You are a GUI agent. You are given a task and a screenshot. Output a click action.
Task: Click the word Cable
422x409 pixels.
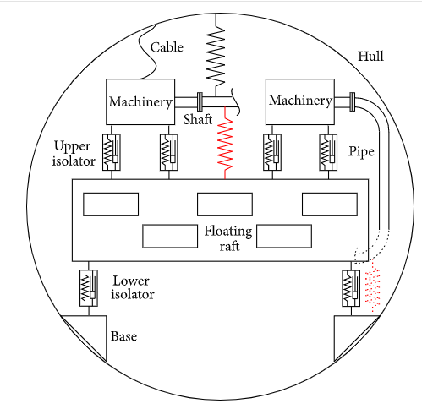[x=167, y=47]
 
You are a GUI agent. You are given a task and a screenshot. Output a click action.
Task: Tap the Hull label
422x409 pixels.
[x=370, y=56]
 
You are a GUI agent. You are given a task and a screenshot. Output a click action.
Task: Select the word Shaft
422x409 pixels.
[x=198, y=119]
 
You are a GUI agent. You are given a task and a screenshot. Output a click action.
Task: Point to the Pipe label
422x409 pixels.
[x=362, y=152]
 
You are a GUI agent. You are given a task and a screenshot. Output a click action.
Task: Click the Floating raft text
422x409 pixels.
[x=228, y=238]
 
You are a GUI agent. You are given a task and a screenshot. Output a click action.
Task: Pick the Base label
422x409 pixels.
[x=123, y=336]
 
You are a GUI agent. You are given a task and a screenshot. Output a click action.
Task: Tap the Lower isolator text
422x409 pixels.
[x=133, y=287]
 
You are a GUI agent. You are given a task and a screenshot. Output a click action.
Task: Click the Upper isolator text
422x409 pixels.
[x=74, y=154]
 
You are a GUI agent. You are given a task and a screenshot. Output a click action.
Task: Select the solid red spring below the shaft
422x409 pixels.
[x=225, y=143]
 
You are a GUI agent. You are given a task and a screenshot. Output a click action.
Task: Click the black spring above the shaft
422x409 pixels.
[x=216, y=56]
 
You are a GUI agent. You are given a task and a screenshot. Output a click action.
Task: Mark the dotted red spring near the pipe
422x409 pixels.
[x=373, y=286]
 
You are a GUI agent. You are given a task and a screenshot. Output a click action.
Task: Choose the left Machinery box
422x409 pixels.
[x=140, y=101]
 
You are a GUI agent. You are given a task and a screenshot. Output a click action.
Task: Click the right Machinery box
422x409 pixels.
[x=300, y=101]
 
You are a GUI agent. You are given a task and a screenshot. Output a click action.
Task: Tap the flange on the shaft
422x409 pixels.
[x=200, y=101]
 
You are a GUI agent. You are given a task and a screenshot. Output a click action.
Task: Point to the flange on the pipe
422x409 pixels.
[x=353, y=101]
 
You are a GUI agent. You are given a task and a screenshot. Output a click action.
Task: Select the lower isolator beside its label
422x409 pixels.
[x=89, y=288]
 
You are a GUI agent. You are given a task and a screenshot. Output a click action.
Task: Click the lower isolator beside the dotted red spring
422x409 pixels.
[x=351, y=288]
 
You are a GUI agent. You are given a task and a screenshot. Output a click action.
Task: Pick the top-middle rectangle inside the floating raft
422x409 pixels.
[x=225, y=204]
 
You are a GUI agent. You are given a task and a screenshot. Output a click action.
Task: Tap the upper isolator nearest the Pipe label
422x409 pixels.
[x=328, y=152]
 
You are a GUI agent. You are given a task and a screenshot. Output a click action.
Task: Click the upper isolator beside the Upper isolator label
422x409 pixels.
[x=112, y=152]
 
